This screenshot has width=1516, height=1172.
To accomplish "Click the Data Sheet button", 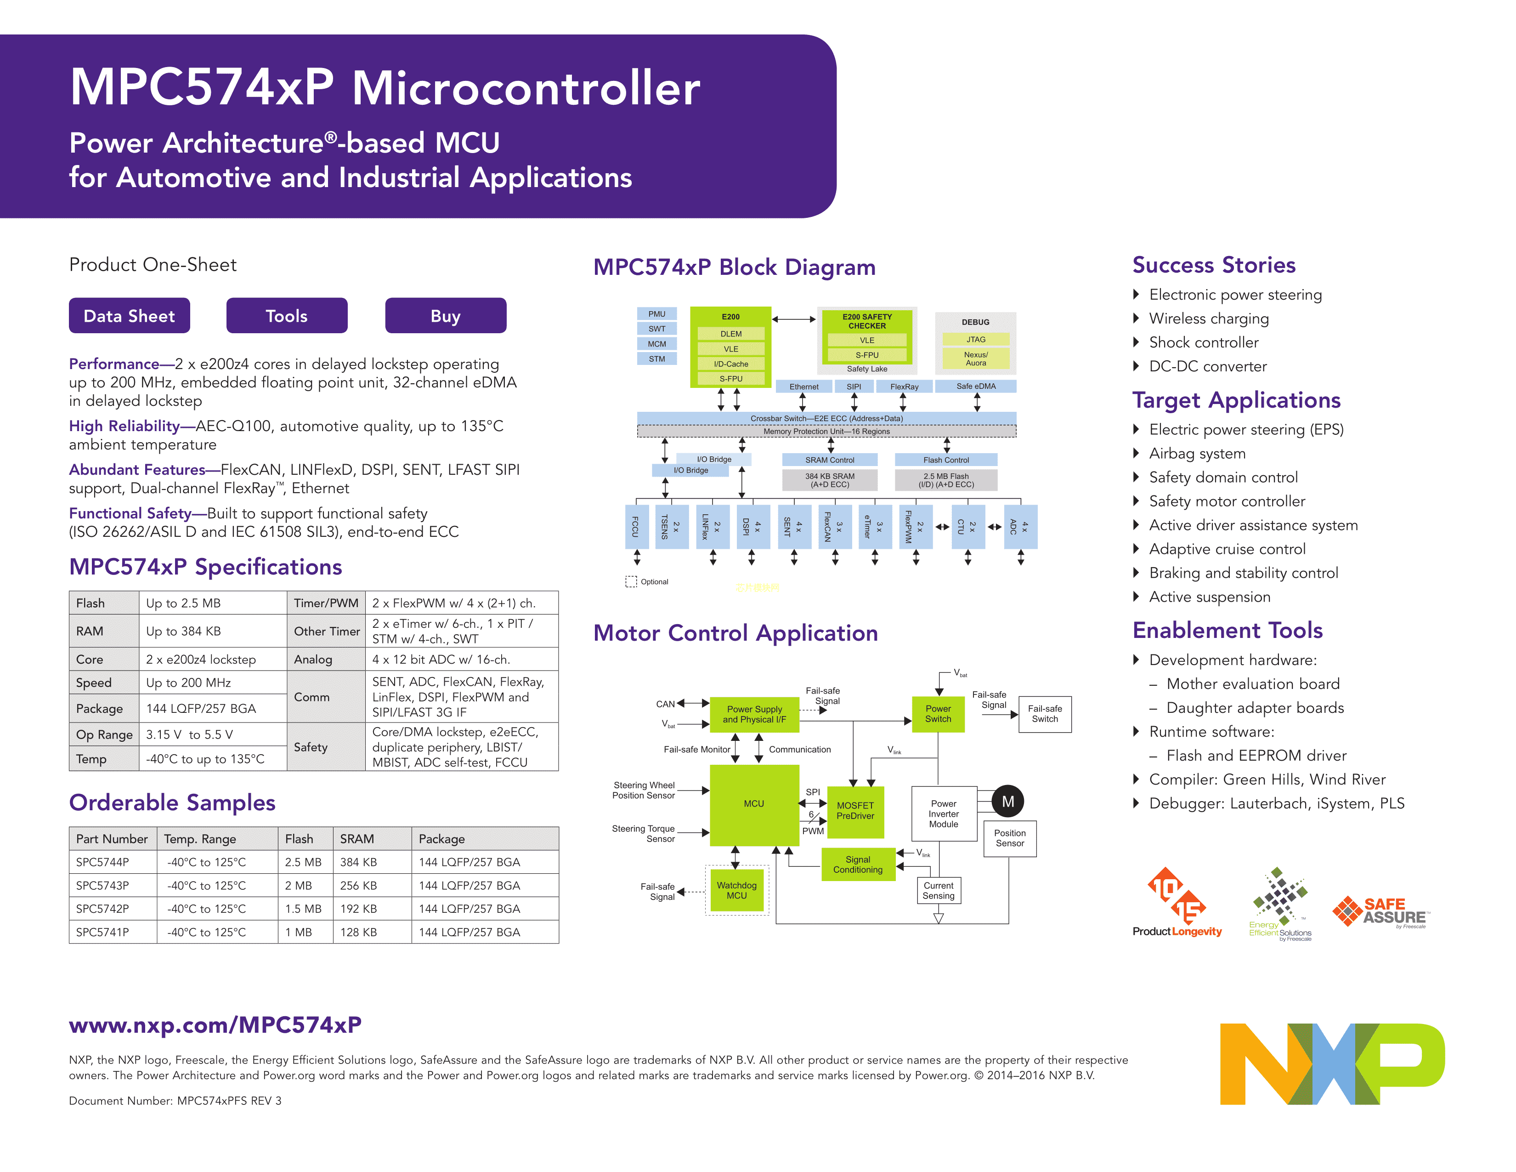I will [x=129, y=316].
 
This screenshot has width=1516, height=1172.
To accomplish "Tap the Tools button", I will [x=287, y=316].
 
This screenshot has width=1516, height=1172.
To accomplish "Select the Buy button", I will [x=445, y=316].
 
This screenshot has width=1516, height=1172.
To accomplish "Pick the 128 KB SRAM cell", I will [x=358, y=932].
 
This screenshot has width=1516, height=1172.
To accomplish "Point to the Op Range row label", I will [x=104, y=734].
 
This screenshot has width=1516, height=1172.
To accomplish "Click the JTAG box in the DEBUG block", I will [x=975, y=340].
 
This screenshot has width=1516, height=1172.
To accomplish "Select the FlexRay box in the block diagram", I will [x=904, y=387].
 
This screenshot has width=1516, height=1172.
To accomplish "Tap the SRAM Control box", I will [x=830, y=460].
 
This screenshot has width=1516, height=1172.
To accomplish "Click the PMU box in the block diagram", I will [x=656, y=314].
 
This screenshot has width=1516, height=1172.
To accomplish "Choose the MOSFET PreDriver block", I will [x=855, y=811].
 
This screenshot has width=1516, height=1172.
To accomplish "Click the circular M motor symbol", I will [x=1008, y=801].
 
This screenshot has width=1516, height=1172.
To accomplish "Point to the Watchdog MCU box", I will [x=736, y=891].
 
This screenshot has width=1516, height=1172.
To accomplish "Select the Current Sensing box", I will [x=939, y=891].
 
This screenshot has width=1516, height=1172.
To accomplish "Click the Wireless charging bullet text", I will [x=1209, y=319].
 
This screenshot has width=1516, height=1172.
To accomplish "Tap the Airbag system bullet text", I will [x=1197, y=453].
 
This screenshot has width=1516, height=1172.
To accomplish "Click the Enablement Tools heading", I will [x=1227, y=631].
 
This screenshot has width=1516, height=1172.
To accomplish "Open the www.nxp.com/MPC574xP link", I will [x=215, y=1025].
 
